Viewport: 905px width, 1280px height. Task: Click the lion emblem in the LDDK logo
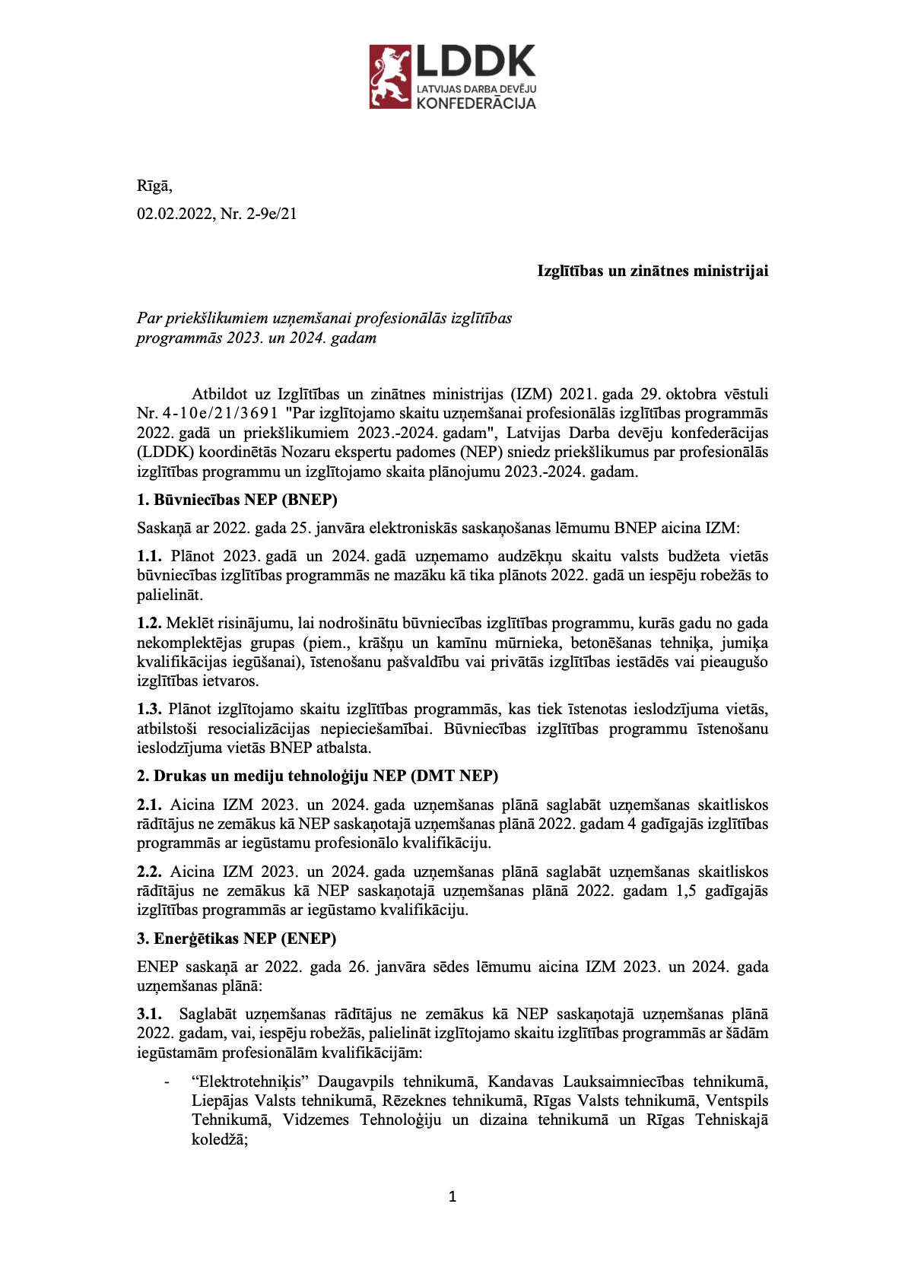[x=390, y=76]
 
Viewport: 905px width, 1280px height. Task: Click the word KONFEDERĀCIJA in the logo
[x=476, y=103]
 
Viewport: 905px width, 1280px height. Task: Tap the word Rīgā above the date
[x=154, y=186]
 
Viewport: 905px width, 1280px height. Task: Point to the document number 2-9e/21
[x=271, y=214]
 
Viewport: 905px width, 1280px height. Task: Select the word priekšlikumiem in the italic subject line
[x=202, y=318]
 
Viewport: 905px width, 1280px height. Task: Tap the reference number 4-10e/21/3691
[x=219, y=414]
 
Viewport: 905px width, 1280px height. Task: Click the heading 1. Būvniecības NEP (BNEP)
[x=237, y=500]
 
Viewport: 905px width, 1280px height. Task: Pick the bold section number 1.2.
[x=149, y=624]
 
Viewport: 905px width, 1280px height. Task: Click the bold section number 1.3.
[x=149, y=710]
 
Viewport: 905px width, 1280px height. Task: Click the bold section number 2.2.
[x=149, y=872]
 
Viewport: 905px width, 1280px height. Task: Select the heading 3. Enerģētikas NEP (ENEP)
[x=237, y=939]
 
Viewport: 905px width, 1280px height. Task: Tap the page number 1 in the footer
[x=452, y=1197]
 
